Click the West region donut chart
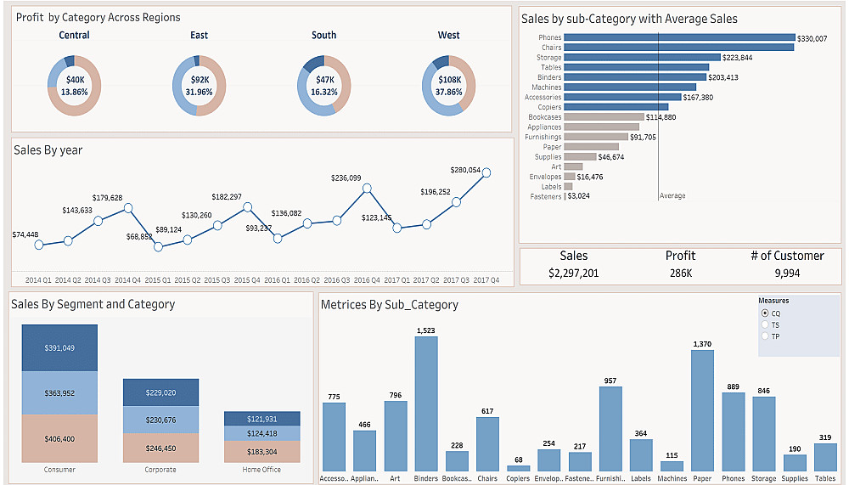point(449,85)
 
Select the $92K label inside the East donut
point(199,80)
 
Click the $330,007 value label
point(812,38)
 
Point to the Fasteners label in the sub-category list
point(546,196)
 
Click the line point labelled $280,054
point(486,173)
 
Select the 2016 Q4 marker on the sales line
point(367,189)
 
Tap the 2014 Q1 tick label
point(38,279)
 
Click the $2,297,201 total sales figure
point(574,273)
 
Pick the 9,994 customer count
point(787,273)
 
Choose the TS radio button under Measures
point(765,324)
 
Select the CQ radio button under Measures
point(765,313)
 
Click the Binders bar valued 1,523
point(426,403)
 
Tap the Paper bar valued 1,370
point(702,410)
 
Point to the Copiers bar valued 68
point(518,468)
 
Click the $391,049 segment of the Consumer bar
point(60,347)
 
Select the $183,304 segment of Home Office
point(262,452)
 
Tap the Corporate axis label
point(161,470)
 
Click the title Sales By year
point(48,150)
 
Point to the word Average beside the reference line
point(672,196)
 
